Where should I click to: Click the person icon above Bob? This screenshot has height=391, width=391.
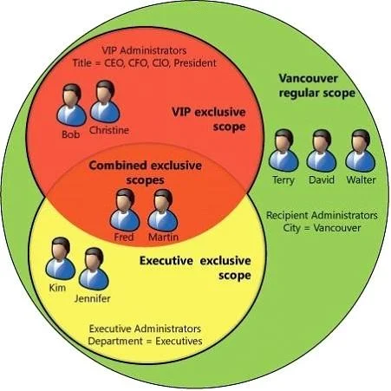(71, 105)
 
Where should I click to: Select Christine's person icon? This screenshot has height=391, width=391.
(105, 101)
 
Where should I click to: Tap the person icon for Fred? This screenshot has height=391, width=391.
(125, 211)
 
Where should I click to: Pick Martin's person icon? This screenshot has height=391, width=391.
(163, 211)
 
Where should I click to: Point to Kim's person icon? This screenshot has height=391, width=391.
(61, 259)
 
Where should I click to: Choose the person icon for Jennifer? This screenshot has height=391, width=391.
(94, 269)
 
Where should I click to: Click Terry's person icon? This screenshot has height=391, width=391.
(283, 151)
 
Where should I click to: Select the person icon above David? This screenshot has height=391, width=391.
(322, 151)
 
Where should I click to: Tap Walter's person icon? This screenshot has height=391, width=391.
(361, 151)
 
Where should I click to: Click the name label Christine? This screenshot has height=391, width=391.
(109, 130)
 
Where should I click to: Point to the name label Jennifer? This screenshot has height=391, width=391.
(93, 298)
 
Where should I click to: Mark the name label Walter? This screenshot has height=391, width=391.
(361, 179)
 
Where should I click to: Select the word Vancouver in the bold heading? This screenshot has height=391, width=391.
(308, 78)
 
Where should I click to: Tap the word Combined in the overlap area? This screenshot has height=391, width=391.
(118, 166)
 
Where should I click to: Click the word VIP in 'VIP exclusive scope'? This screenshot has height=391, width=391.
(181, 112)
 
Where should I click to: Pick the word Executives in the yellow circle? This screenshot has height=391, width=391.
(179, 341)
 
